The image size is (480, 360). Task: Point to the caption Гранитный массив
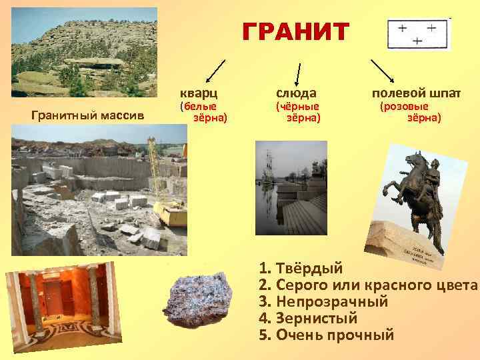coord(88,116)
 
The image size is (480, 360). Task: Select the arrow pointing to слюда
coord(297,71)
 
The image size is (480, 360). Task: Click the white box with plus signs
coord(418,34)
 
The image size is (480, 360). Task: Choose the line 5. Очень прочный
coord(326,334)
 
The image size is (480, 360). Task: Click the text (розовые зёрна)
coord(409,111)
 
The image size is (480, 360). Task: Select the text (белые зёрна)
coord(204,111)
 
